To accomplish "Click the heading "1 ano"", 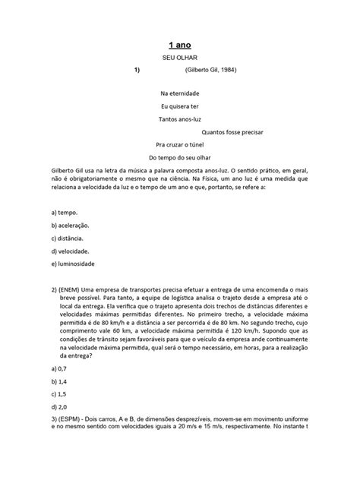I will click(179, 45).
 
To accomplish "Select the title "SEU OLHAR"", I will click(179, 59).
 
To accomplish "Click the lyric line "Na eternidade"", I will click(180, 93).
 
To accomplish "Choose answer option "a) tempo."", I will click(65, 213).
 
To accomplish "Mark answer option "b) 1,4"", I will click(60, 381).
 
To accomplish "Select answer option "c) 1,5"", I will click(60, 394).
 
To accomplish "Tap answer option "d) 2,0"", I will click(60, 407).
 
